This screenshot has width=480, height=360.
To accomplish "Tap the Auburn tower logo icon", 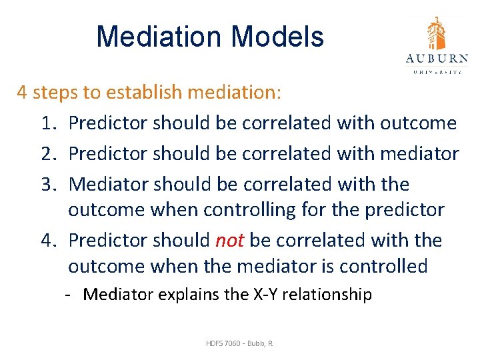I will (x=437, y=33).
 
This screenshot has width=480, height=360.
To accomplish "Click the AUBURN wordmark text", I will (x=437, y=59).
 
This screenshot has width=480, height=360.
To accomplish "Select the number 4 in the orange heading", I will (x=22, y=92).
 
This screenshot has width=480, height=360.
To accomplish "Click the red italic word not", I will (x=229, y=240).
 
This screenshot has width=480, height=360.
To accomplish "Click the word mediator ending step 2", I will (x=419, y=154).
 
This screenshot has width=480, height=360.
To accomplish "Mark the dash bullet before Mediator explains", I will (x=69, y=295).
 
